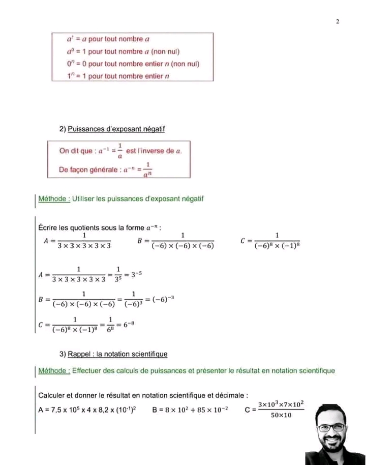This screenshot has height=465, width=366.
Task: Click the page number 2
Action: pos(337,21)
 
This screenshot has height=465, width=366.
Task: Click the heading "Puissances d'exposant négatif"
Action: pos(116,129)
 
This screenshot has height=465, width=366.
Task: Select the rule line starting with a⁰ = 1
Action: pos(123,51)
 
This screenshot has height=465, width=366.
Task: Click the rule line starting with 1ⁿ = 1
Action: pos(117,76)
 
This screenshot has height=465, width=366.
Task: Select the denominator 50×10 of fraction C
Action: pos(281,415)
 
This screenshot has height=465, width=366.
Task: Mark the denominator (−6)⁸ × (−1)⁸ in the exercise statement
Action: pos(277,246)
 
